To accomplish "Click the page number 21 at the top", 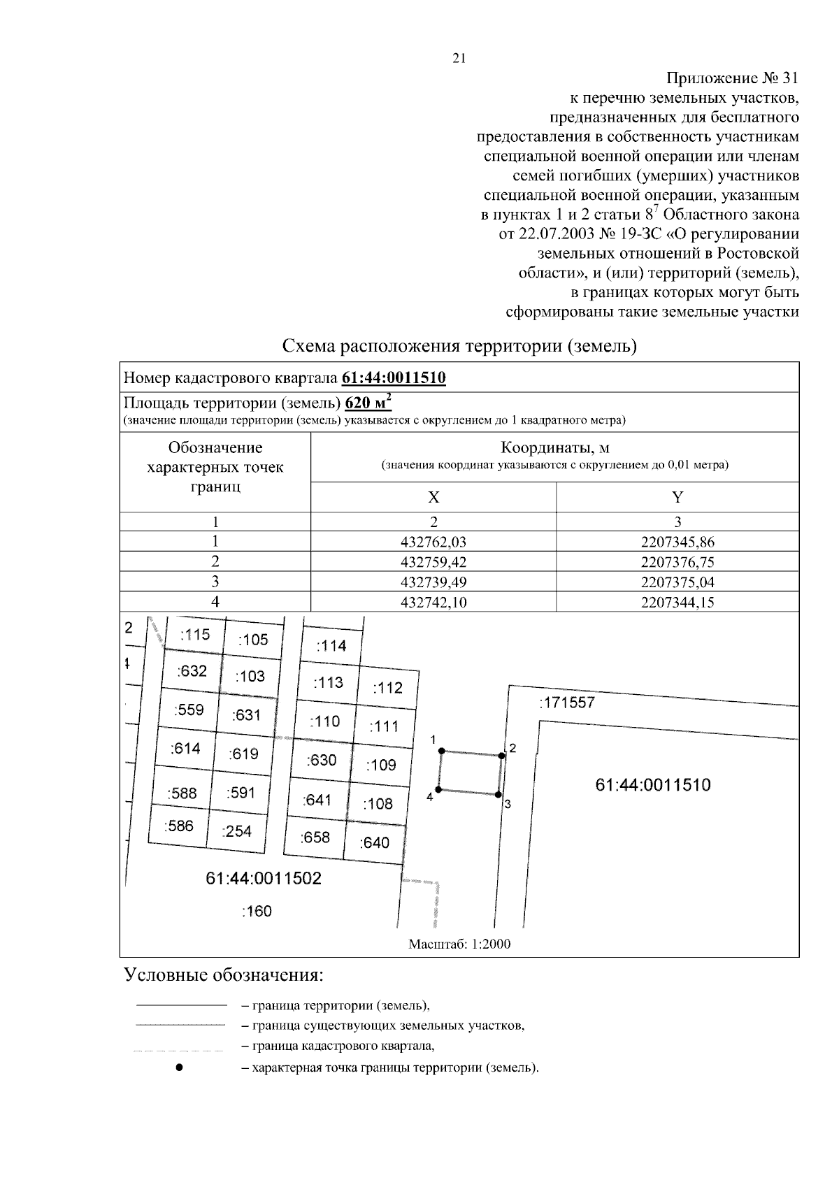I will tap(459, 59).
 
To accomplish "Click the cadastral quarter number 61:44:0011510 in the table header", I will tap(394, 378).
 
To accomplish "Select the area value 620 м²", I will tap(368, 404).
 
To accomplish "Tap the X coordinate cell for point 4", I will tap(433, 602).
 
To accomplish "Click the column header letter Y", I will tap(677, 497).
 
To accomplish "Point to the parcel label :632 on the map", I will tap(192, 671).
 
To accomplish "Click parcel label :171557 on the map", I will tap(567, 703).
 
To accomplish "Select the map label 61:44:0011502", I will tap(264, 878).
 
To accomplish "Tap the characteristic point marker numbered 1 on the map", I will tap(441, 751).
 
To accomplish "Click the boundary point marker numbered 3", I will tap(499, 795).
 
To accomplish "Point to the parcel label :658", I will tap(315, 837).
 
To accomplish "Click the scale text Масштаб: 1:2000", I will tap(459, 944).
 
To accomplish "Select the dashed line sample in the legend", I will tap(179, 1049).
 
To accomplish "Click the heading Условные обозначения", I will tap(223, 974).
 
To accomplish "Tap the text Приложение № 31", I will tap(731, 77).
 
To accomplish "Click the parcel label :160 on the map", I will tap(256, 911).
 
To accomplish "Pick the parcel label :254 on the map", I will tap(236, 831).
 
